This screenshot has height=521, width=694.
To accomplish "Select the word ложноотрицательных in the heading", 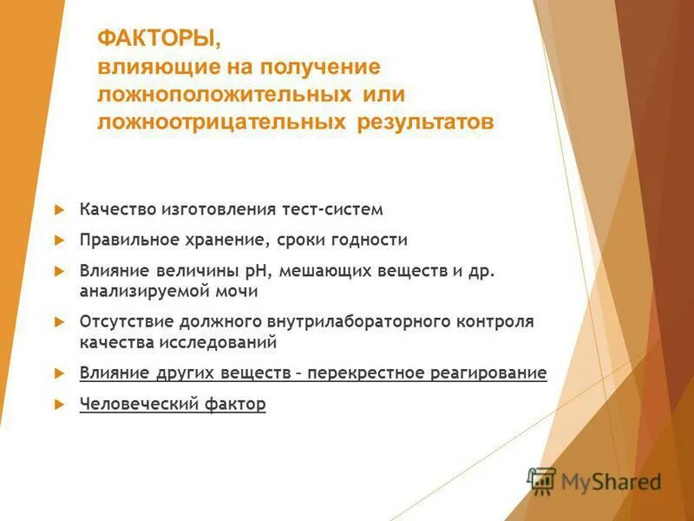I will (x=223, y=122).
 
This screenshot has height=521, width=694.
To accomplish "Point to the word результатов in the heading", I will (x=425, y=122).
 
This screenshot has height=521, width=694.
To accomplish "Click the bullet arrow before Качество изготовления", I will (x=59, y=210).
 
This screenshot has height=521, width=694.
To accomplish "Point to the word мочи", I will (x=239, y=292).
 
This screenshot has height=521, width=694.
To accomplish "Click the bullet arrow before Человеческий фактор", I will (x=59, y=404).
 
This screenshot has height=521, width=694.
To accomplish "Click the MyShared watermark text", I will (x=611, y=481).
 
